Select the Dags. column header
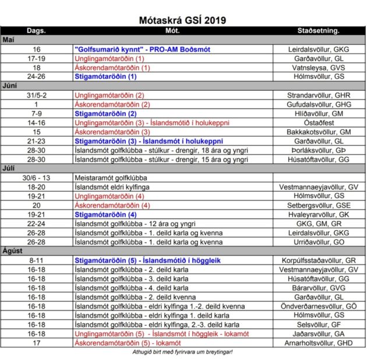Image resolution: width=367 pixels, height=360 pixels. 36,30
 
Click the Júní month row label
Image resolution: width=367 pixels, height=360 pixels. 10,85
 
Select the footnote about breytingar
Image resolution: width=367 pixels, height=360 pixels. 183,352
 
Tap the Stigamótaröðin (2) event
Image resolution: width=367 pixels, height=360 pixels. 105,114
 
